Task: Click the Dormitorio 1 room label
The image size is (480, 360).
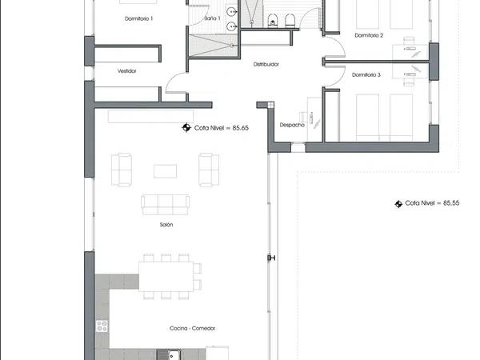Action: pyautogui.click(x=138, y=18)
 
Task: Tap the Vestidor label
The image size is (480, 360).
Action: pyautogui.click(x=126, y=71)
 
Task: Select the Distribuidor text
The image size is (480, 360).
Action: pyautogui.click(x=266, y=64)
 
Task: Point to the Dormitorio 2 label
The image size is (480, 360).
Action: pyautogui.click(x=369, y=35)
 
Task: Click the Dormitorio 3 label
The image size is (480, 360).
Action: pyautogui.click(x=366, y=75)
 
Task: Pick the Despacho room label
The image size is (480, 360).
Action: pyautogui.click(x=292, y=125)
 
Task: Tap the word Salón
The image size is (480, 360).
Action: pyautogui.click(x=166, y=225)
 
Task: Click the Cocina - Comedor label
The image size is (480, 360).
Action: pyautogui.click(x=192, y=328)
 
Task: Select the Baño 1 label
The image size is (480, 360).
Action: pyautogui.click(x=212, y=18)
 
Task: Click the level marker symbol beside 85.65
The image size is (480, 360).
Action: pyautogui.click(x=186, y=127)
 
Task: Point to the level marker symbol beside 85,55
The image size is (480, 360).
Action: pyautogui.click(x=398, y=204)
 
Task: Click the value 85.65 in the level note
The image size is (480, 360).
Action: pyautogui.click(x=240, y=128)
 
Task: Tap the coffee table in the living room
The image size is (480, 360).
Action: pyautogui.click(x=165, y=171)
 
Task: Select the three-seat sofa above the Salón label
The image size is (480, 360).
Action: pyautogui.click(x=166, y=205)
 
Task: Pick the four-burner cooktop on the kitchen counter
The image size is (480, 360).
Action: pyautogui.click(x=102, y=326)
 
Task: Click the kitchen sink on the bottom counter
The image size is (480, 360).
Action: pyautogui.click(x=169, y=355)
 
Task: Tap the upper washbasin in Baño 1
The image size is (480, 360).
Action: pyautogui.click(x=232, y=12)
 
